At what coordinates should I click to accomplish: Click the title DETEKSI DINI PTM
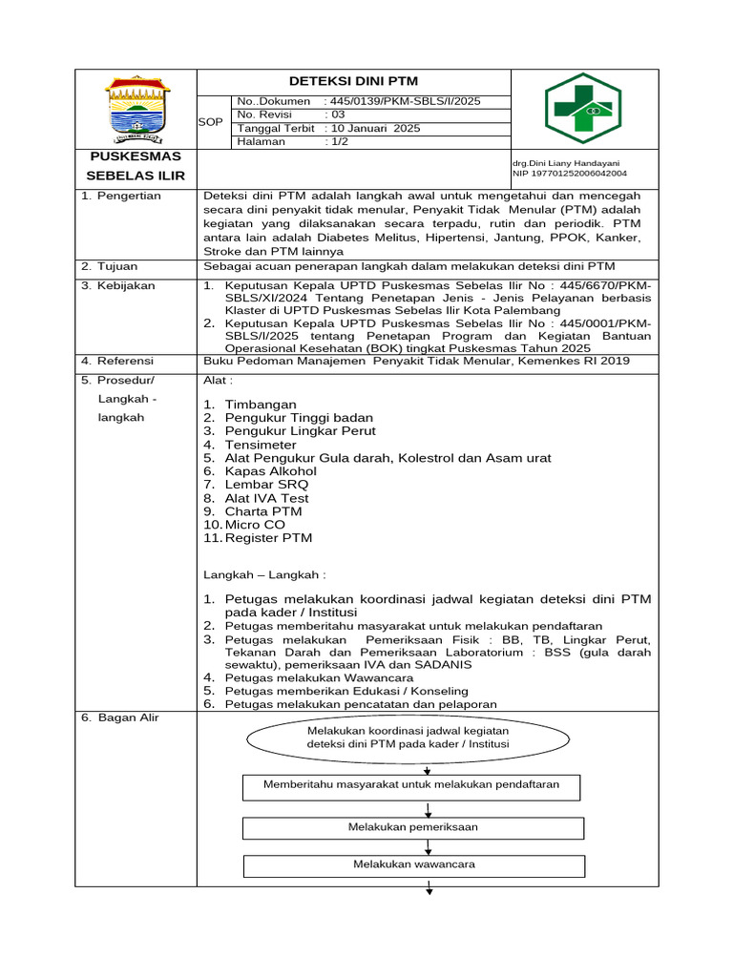pyautogui.click(x=354, y=81)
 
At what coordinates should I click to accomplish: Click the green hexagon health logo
pyautogui.click(x=582, y=108)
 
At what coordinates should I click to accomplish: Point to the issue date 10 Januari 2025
pyautogui.click(x=375, y=128)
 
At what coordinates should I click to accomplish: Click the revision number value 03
pyautogui.click(x=338, y=114)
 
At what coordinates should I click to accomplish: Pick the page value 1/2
pyautogui.click(x=340, y=141)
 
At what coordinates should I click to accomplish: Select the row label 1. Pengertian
pyautogui.click(x=121, y=196)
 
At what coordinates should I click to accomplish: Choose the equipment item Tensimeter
pyautogui.click(x=261, y=445)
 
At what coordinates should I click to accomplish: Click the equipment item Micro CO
pyautogui.click(x=255, y=525)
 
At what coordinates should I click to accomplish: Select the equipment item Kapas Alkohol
pyautogui.click(x=270, y=471)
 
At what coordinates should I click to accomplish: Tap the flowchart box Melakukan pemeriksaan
pyautogui.click(x=413, y=827)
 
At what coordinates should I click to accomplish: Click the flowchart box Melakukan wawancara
pyautogui.click(x=413, y=864)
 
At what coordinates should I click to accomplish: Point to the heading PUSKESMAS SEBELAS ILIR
pyautogui.click(x=136, y=166)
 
